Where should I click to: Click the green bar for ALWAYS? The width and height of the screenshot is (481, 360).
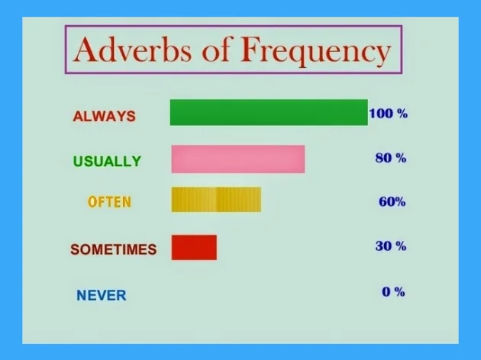pos(269,112)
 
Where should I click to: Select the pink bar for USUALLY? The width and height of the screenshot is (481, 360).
pos(238,159)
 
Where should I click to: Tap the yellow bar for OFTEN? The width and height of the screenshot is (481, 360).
pos(216,200)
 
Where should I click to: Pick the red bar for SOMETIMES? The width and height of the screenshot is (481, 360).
pos(194,248)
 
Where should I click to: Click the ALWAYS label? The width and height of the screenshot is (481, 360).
pos(105,117)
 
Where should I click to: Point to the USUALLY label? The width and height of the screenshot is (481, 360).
pos(107,161)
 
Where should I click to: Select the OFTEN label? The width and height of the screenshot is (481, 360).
pos(109,202)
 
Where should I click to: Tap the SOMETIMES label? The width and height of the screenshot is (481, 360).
pos(114,249)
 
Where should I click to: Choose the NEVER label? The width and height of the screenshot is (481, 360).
pos(102,295)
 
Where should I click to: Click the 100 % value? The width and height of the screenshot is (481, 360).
pos(389,114)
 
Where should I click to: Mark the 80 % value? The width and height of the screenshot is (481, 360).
pos(391,158)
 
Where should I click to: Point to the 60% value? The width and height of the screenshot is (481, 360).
pos(392,201)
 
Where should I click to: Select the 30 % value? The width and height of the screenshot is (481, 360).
pos(391,246)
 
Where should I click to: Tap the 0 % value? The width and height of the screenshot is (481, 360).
pos(393,291)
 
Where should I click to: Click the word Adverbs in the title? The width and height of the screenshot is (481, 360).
pos(133,49)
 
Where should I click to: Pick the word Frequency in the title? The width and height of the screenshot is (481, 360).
pos(315,51)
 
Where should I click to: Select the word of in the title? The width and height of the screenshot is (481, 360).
pos(216,49)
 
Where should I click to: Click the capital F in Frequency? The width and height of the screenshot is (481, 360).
pos(250,49)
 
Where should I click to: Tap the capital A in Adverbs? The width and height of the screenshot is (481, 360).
pos(86,49)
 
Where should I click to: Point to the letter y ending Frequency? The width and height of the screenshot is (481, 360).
pos(382,56)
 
